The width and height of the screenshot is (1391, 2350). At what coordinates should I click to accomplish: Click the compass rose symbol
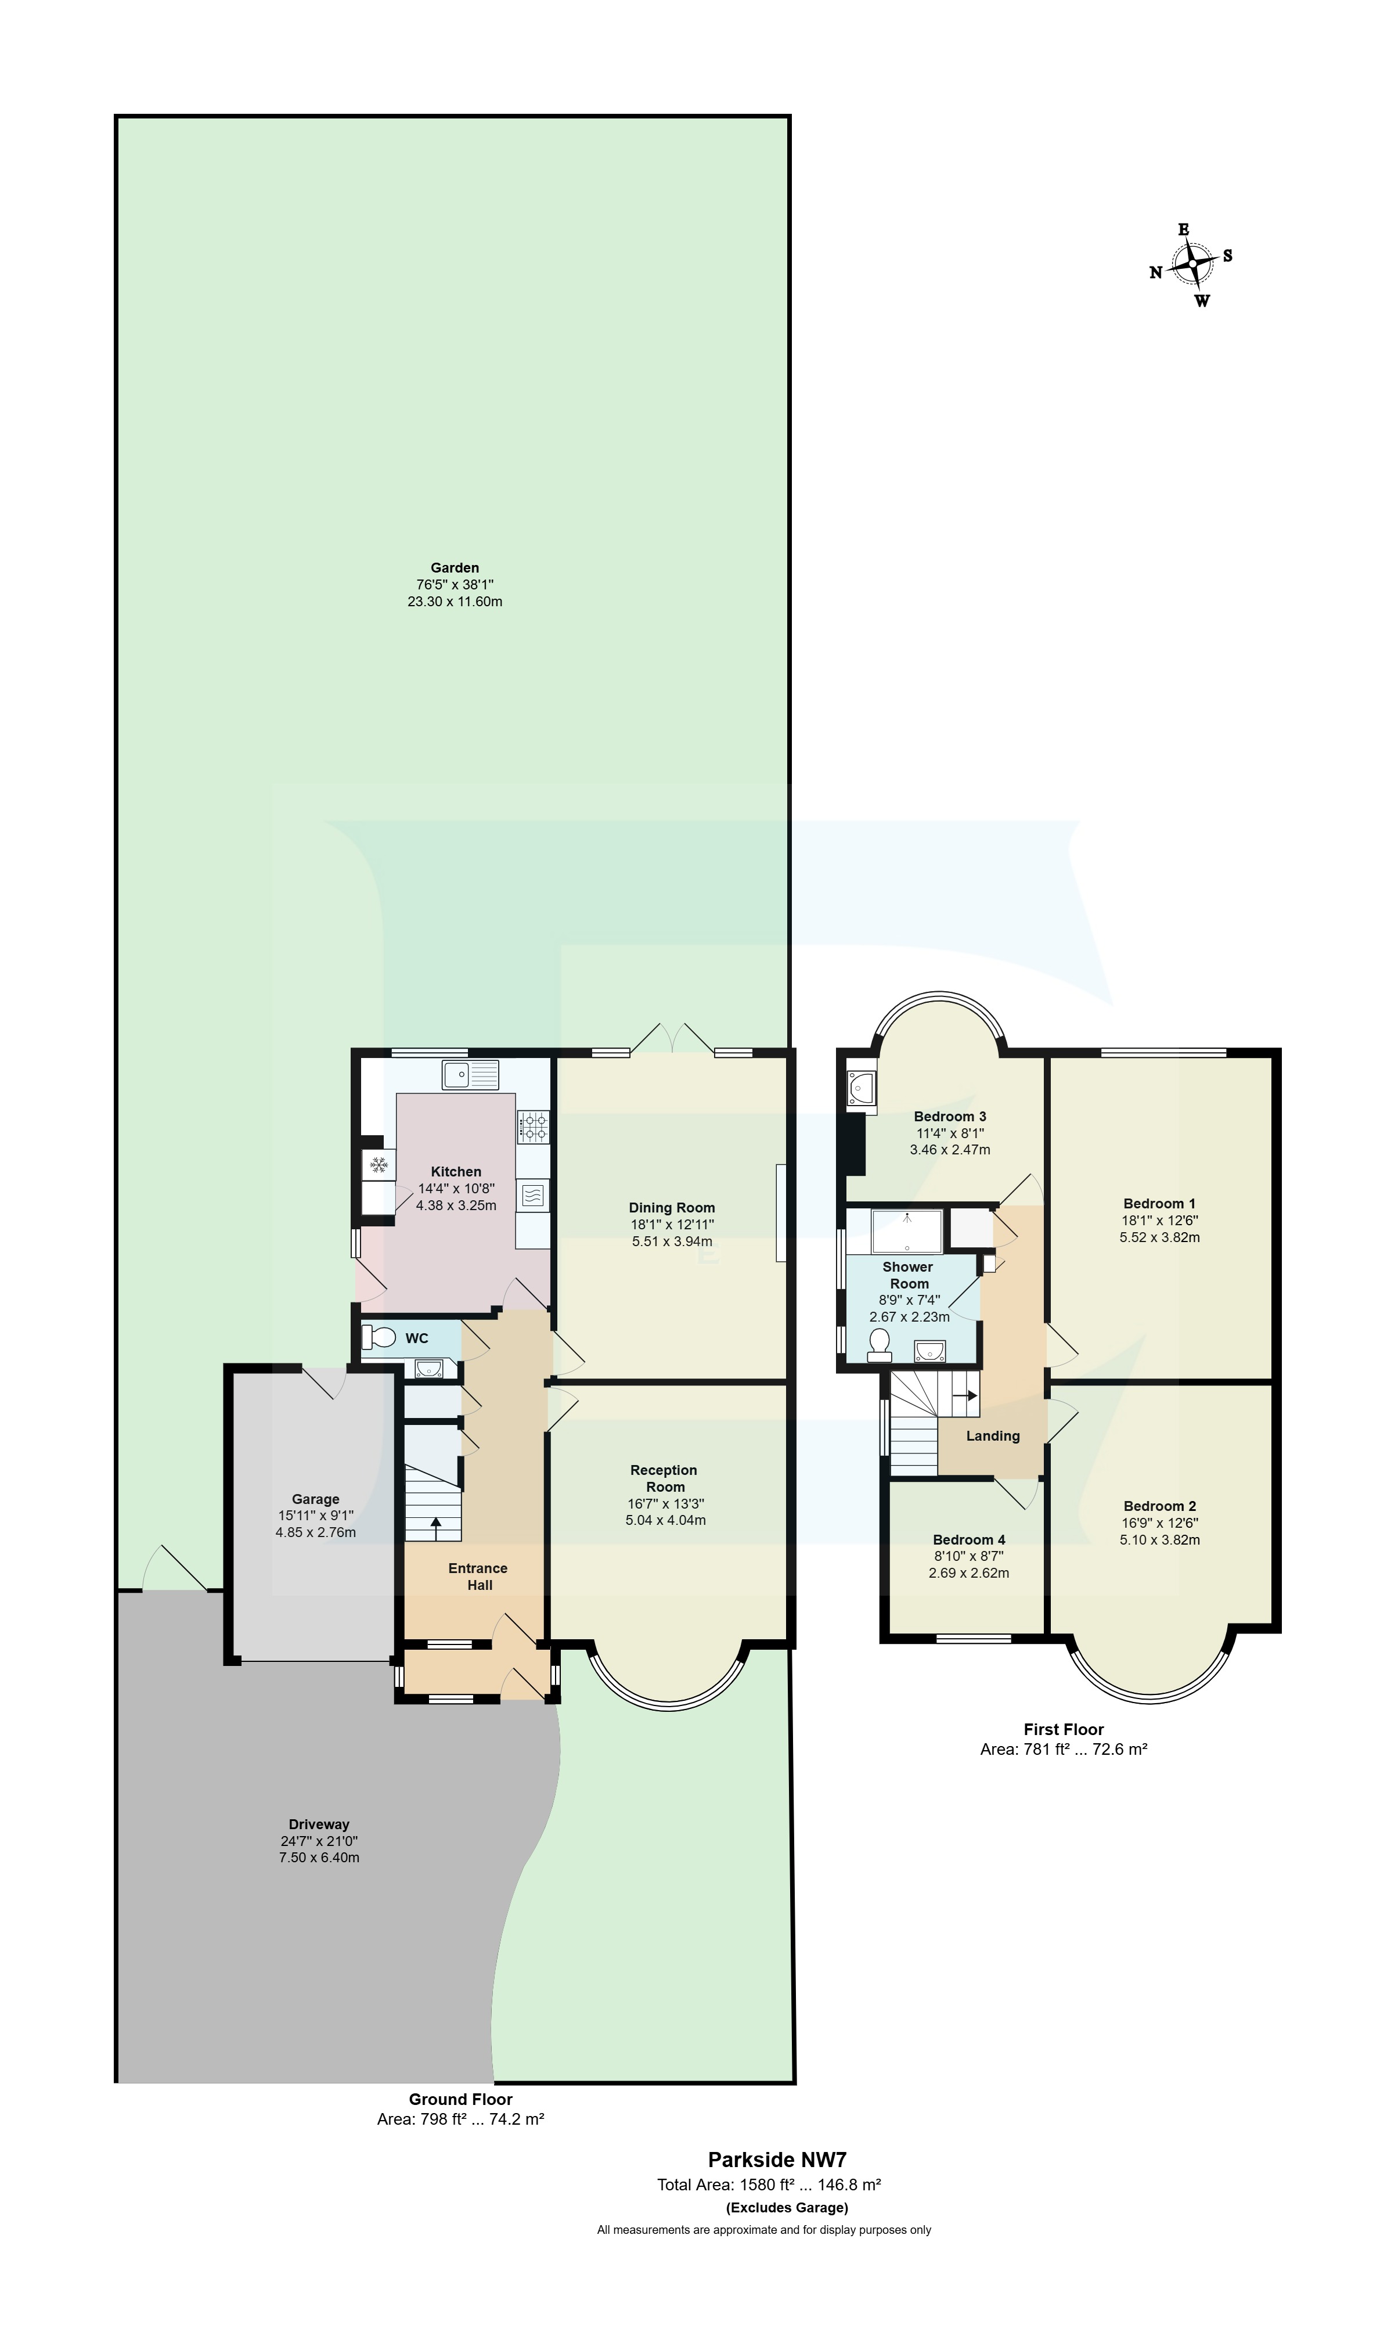tap(1191, 264)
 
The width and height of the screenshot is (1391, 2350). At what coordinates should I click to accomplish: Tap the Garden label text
tap(455, 567)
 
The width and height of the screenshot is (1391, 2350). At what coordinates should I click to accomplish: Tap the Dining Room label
tap(671, 1207)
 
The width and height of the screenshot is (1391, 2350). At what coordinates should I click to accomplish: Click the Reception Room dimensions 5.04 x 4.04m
tap(665, 1520)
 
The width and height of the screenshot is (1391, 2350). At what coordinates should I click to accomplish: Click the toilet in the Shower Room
tap(879, 1346)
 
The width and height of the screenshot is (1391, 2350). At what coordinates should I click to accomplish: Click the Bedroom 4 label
tap(968, 1539)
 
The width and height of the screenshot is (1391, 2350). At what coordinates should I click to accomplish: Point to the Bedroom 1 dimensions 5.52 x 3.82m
tap(1159, 1236)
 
